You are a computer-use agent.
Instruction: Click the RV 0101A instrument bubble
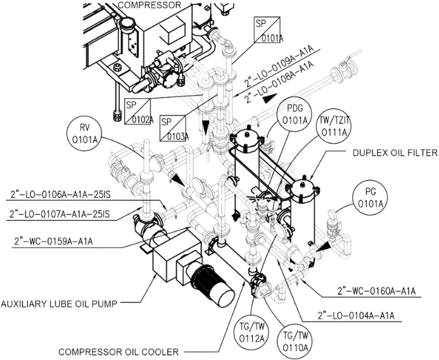click(84, 134)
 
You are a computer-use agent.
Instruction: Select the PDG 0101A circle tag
click(295, 115)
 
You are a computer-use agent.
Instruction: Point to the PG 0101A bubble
click(370, 198)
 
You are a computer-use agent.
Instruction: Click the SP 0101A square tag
click(267, 29)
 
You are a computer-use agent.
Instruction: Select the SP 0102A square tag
click(137, 111)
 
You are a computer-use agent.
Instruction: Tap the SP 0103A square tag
click(172, 128)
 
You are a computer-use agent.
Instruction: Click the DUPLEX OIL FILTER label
click(395, 153)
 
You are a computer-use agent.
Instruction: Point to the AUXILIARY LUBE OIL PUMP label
click(59, 304)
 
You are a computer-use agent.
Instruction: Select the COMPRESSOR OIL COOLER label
click(118, 352)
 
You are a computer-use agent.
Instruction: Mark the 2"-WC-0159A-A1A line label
click(53, 241)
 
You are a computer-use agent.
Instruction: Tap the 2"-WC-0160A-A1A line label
click(376, 291)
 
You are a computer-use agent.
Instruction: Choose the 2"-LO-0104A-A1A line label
click(356, 316)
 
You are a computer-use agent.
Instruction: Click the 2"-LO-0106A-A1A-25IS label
click(60, 194)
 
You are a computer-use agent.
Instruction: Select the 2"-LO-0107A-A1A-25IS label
click(60, 214)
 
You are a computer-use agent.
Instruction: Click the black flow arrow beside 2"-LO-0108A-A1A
click(270, 98)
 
